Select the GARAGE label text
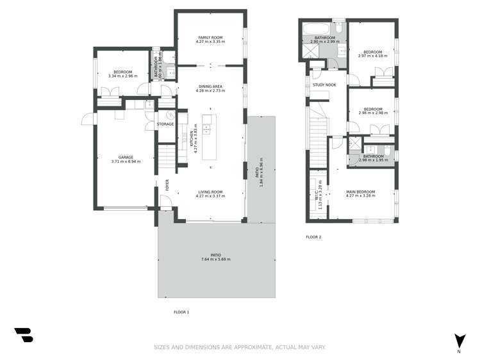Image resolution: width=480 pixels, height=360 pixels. [x=126, y=157]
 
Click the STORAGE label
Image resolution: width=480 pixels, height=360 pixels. [x=165, y=124]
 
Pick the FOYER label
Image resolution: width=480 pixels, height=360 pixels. [x=167, y=185]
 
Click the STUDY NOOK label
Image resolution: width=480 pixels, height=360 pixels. [x=324, y=85]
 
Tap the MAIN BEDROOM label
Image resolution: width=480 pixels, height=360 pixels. [x=360, y=192]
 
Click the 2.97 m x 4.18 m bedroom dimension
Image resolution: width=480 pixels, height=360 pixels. [x=372, y=56]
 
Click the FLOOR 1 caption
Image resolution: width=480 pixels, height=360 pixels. [x=181, y=312]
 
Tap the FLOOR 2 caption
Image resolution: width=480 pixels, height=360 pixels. [x=313, y=237]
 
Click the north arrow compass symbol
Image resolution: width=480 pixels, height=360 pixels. [x=459, y=341]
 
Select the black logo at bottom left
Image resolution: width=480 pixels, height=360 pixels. [x=23, y=334]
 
